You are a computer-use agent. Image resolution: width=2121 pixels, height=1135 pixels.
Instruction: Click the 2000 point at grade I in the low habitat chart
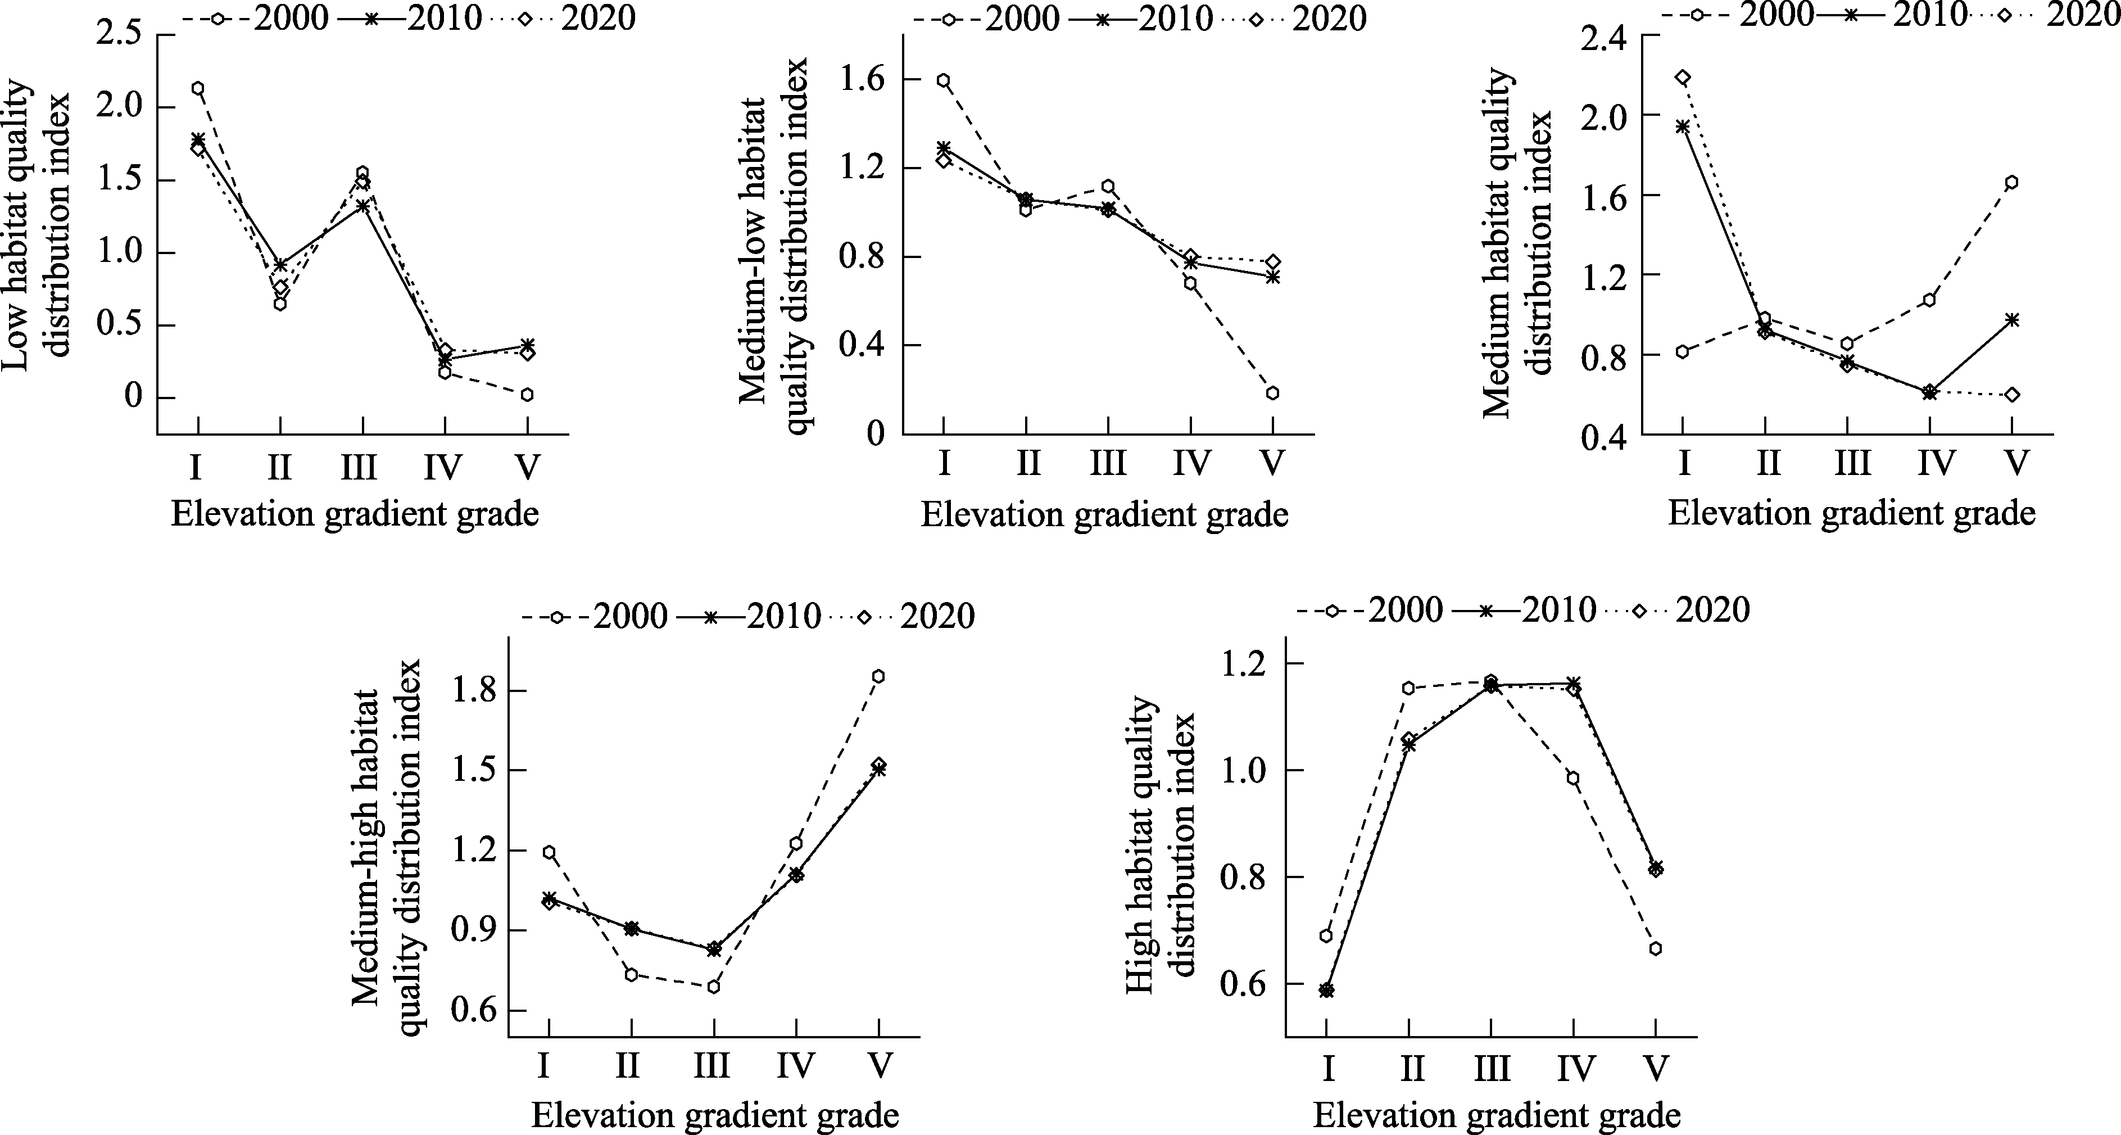click(198, 88)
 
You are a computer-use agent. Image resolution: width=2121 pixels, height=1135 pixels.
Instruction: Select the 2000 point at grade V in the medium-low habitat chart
click(1273, 393)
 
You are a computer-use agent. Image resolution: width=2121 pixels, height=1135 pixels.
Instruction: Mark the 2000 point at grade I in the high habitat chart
click(1326, 935)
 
